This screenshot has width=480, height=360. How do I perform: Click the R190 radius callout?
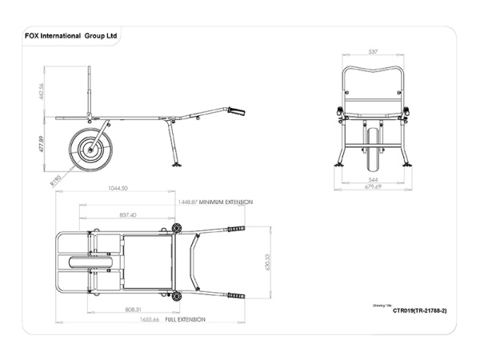[x=57, y=182]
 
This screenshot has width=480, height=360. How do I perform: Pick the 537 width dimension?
[x=373, y=52]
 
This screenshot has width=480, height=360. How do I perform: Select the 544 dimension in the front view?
[x=373, y=180]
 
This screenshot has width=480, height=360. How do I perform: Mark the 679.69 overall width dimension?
[x=373, y=187]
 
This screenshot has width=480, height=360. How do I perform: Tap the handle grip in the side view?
[x=236, y=111]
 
